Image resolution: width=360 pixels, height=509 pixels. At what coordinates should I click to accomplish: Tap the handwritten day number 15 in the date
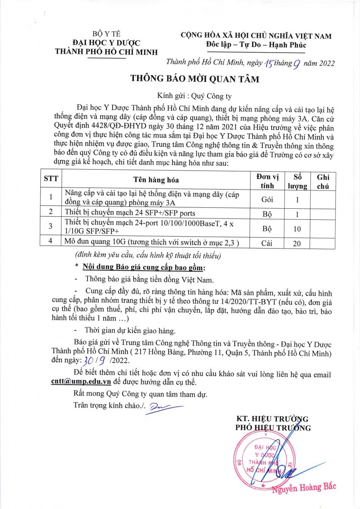[x=270, y=64]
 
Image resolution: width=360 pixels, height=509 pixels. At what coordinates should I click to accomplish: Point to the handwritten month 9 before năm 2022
[x=297, y=64]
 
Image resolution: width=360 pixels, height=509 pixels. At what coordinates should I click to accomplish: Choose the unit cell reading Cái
[x=267, y=243]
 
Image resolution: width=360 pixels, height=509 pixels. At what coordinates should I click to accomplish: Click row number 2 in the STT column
[x=51, y=212]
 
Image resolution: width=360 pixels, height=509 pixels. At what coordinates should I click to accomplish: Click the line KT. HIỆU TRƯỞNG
[x=272, y=419]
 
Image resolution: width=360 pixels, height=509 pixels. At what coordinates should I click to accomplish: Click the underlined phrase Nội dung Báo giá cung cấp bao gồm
[x=143, y=268]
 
